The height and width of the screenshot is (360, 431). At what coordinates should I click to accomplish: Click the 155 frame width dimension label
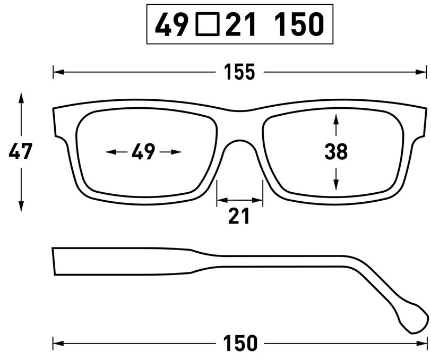239,72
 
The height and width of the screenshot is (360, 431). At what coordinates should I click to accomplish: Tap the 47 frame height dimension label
21,152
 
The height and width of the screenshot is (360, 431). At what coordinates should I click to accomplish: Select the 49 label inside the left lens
143,152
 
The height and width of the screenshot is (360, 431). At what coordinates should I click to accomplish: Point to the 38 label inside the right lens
336,152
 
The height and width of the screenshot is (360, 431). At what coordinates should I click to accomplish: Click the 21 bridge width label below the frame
239,216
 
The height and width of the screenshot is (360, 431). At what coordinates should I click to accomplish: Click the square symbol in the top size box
207,24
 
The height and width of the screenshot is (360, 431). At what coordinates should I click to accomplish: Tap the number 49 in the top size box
172,24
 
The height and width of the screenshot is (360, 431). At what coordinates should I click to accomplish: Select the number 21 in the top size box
242,24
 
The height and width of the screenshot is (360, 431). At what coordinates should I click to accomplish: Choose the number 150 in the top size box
299,24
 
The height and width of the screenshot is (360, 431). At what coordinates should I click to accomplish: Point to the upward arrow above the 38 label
335,118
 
